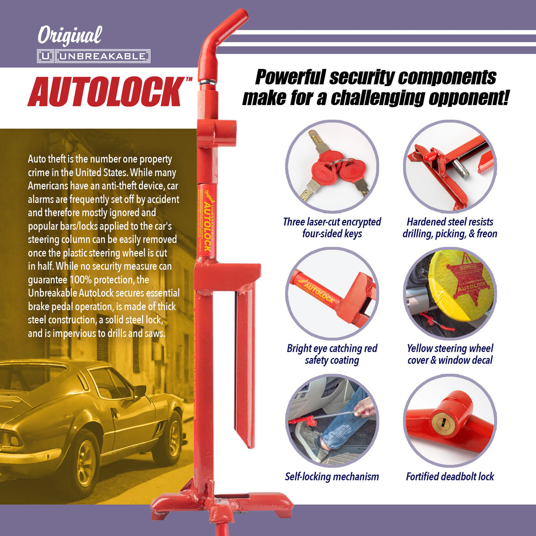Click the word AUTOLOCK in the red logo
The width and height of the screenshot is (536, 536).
(x=106, y=92)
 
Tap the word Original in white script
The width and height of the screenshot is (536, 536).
(x=69, y=36)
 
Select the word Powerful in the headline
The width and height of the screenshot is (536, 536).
(x=289, y=78)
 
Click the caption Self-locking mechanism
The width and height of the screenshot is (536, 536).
(x=331, y=477)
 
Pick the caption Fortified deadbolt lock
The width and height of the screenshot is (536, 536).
(x=450, y=477)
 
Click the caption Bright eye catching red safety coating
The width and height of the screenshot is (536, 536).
(x=332, y=354)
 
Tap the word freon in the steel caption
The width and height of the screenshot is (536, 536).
(x=487, y=234)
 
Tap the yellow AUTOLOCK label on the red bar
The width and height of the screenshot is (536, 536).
(x=207, y=226)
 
